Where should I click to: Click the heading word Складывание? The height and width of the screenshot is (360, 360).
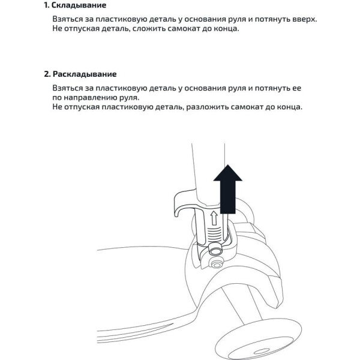point(80,5)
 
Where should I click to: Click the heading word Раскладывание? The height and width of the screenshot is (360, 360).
point(85,74)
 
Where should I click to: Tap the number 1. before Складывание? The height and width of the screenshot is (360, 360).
point(47,5)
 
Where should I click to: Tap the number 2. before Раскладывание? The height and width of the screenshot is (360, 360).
point(47,74)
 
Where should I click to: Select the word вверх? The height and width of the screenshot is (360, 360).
point(304,19)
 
